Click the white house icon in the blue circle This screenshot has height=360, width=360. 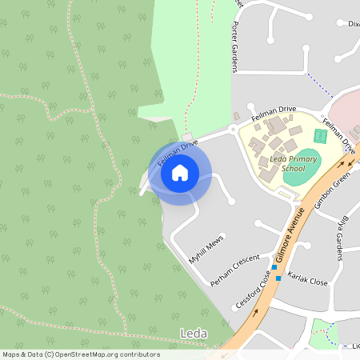[x=180, y=172]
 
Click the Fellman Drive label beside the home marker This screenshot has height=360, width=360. [x=178, y=152]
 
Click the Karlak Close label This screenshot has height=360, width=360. [x=308, y=282]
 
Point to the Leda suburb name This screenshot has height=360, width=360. [x=194, y=333]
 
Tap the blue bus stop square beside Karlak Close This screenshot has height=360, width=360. [x=278, y=278]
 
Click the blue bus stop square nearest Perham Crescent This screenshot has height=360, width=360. [x=274, y=266]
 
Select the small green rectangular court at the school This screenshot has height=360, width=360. [x=321, y=136]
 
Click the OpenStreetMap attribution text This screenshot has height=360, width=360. [x=80, y=354]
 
